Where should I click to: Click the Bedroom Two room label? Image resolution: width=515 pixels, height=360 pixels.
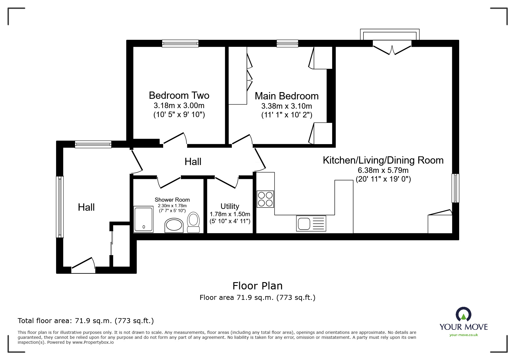[179, 95]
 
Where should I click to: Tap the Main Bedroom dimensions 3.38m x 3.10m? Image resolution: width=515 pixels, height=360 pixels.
[286, 106]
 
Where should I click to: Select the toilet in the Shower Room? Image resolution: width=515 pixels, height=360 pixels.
[193, 222]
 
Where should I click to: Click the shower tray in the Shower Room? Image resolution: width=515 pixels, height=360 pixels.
[143, 219]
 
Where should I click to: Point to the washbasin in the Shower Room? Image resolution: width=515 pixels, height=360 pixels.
[174, 225]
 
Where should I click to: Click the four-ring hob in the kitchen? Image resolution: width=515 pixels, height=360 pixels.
[265, 199]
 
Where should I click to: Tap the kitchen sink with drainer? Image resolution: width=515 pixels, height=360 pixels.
[311, 223]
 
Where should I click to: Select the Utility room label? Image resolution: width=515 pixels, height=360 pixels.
[230, 206]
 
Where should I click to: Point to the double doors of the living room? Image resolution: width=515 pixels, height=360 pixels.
[392, 49]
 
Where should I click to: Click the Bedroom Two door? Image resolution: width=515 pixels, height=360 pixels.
[174, 139]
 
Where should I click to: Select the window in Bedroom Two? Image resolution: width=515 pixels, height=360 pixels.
[180, 44]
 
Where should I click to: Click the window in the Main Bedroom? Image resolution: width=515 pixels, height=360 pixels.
[287, 44]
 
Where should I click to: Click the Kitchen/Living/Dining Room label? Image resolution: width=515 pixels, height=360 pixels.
[383, 160]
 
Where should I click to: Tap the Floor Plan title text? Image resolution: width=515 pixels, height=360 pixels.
[257, 286]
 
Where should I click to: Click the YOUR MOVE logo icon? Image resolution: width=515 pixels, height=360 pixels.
[463, 315]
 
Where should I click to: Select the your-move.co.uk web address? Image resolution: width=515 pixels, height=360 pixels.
[464, 335]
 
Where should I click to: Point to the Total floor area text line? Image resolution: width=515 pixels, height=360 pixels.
[86, 321]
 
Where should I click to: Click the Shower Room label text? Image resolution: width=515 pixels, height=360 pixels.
[172, 200]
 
